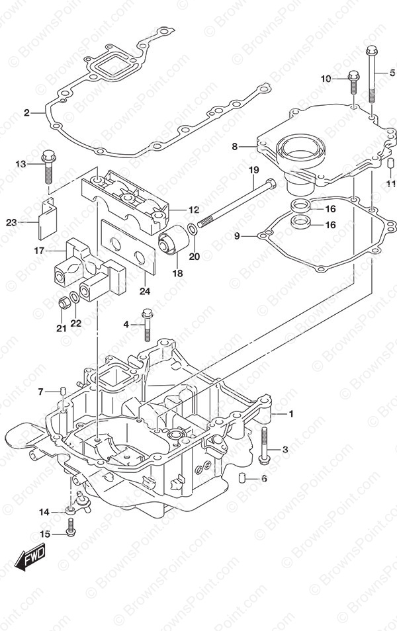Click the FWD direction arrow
tap(30, 561)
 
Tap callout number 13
tap(21, 164)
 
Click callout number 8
tap(234, 147)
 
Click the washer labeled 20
tap(191, 230)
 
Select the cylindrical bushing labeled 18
tap(174, 239)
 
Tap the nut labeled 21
tap(64, 304)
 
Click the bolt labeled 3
tap(265, 444)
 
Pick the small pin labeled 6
tap(243, 478)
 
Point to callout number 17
tap(38, 251)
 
